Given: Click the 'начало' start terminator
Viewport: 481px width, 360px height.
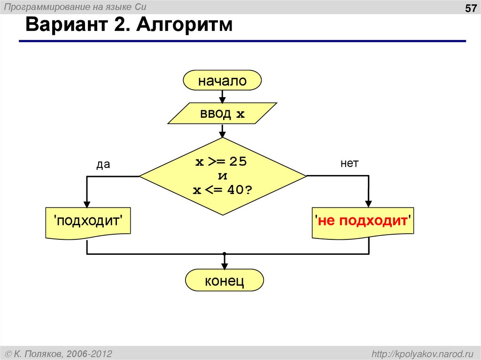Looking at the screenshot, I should (222, 81).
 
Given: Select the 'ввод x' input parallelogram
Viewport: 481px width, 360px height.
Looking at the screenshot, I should (222, 114).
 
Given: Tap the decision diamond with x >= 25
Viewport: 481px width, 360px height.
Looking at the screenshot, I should (223, 176).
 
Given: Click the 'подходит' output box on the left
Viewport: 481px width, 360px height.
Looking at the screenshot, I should (87, 221).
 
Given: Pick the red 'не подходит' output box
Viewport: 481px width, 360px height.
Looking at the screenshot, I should (363, 221).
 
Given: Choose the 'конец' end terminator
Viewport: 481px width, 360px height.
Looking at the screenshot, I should (224, 281).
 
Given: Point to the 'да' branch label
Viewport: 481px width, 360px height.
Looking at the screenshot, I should (103, 164).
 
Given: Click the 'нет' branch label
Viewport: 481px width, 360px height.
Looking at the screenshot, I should (349, 163).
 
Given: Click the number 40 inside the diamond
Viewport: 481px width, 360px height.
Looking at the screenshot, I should (234, 191).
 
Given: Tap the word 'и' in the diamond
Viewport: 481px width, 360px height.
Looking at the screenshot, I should (223, 176).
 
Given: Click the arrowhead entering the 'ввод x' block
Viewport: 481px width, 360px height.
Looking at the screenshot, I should (223, 100).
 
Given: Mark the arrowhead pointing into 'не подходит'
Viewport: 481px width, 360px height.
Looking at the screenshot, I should (369, 204).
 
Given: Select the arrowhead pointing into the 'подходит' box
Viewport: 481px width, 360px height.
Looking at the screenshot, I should (87, 204).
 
